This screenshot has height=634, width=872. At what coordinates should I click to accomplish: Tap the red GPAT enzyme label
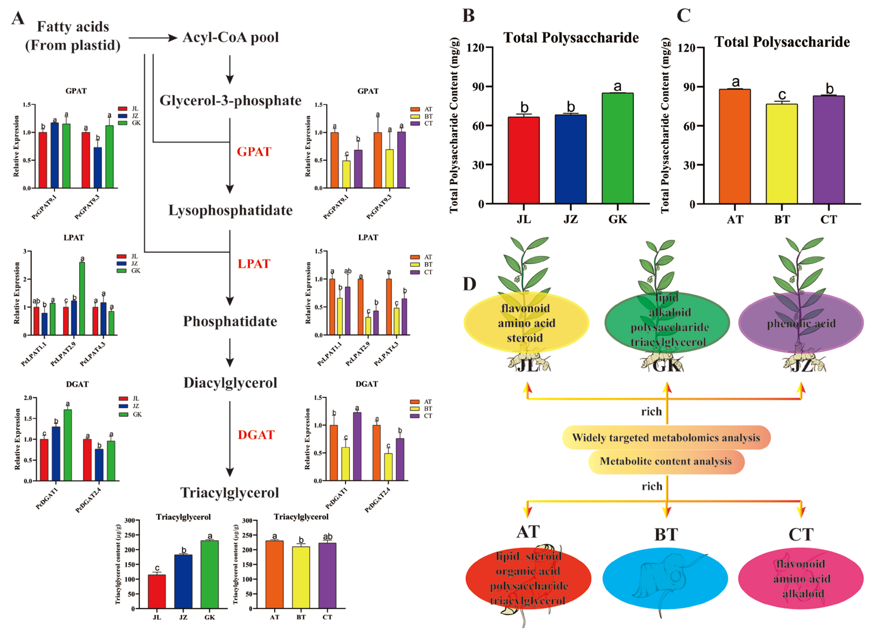coord(254,151)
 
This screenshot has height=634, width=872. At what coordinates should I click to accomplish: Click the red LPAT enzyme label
coord(254,264)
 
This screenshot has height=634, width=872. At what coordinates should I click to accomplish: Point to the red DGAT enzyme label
coord(256,435)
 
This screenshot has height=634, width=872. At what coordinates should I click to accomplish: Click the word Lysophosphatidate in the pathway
coord(230,210)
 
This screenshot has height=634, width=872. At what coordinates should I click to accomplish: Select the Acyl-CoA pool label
coord(231,37)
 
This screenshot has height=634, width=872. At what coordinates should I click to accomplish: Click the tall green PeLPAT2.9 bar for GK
coord(82,298)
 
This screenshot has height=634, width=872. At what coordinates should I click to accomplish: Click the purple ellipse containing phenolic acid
coord(801,323)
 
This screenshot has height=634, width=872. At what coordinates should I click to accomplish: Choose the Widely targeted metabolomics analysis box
coord(666,437)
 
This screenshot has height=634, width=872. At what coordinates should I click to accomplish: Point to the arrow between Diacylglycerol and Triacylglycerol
coord(230,438)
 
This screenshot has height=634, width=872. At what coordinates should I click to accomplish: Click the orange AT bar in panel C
coord(735,146)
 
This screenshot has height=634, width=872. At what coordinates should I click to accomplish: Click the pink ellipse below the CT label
coord(801,579)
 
